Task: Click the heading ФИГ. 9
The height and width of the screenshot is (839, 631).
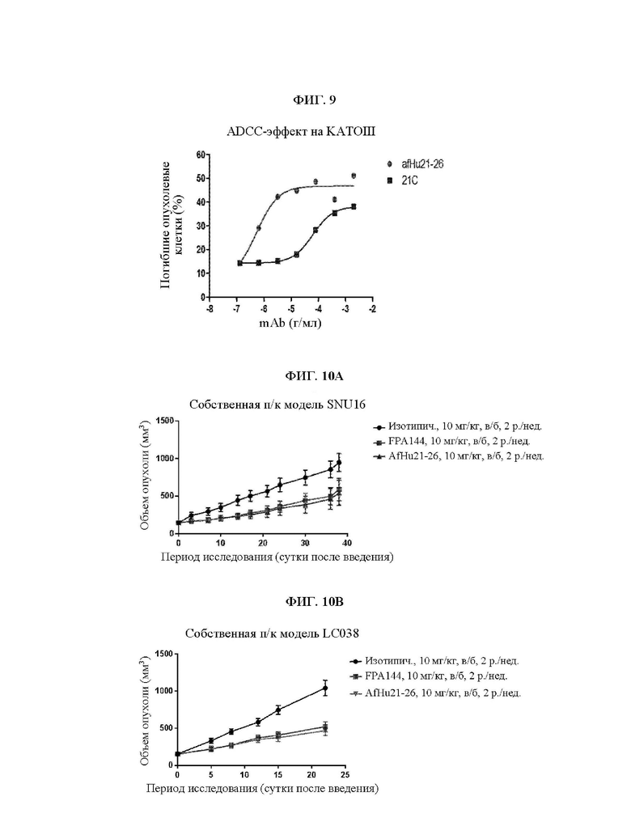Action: [x=315, y=100]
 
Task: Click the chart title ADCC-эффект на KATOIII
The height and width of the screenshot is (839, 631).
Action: [x=301, y=132]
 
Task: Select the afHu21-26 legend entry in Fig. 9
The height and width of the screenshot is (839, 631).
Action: [x=416, y=163]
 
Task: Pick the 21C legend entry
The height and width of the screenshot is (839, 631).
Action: [x=403, y=180]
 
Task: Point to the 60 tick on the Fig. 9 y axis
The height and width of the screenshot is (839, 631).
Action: [x=201, y=154]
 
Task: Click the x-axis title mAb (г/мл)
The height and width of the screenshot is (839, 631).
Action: [x=290, y=323]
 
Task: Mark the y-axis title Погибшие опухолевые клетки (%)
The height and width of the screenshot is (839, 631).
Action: [x=173, y=225]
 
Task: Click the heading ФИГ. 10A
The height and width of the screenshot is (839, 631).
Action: [x=315, y=376]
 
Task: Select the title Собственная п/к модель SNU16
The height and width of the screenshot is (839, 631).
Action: [x=277, y=405]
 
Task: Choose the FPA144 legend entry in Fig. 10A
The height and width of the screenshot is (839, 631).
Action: [x=452, y=442]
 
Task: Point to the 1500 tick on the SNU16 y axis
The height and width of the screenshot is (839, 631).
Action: [x=165, y=421]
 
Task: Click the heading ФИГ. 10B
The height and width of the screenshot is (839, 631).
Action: [x=315, y=602]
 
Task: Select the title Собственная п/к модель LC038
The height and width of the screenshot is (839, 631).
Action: [x=272, y=633]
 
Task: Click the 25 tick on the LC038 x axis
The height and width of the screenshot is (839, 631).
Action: [x=345, y=774]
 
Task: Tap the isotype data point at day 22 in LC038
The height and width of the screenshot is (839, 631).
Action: [x=325, y=688]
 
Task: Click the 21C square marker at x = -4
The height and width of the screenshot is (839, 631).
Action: [x=315, y=230]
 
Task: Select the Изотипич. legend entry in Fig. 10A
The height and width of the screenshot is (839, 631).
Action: [x=458, y=426]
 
